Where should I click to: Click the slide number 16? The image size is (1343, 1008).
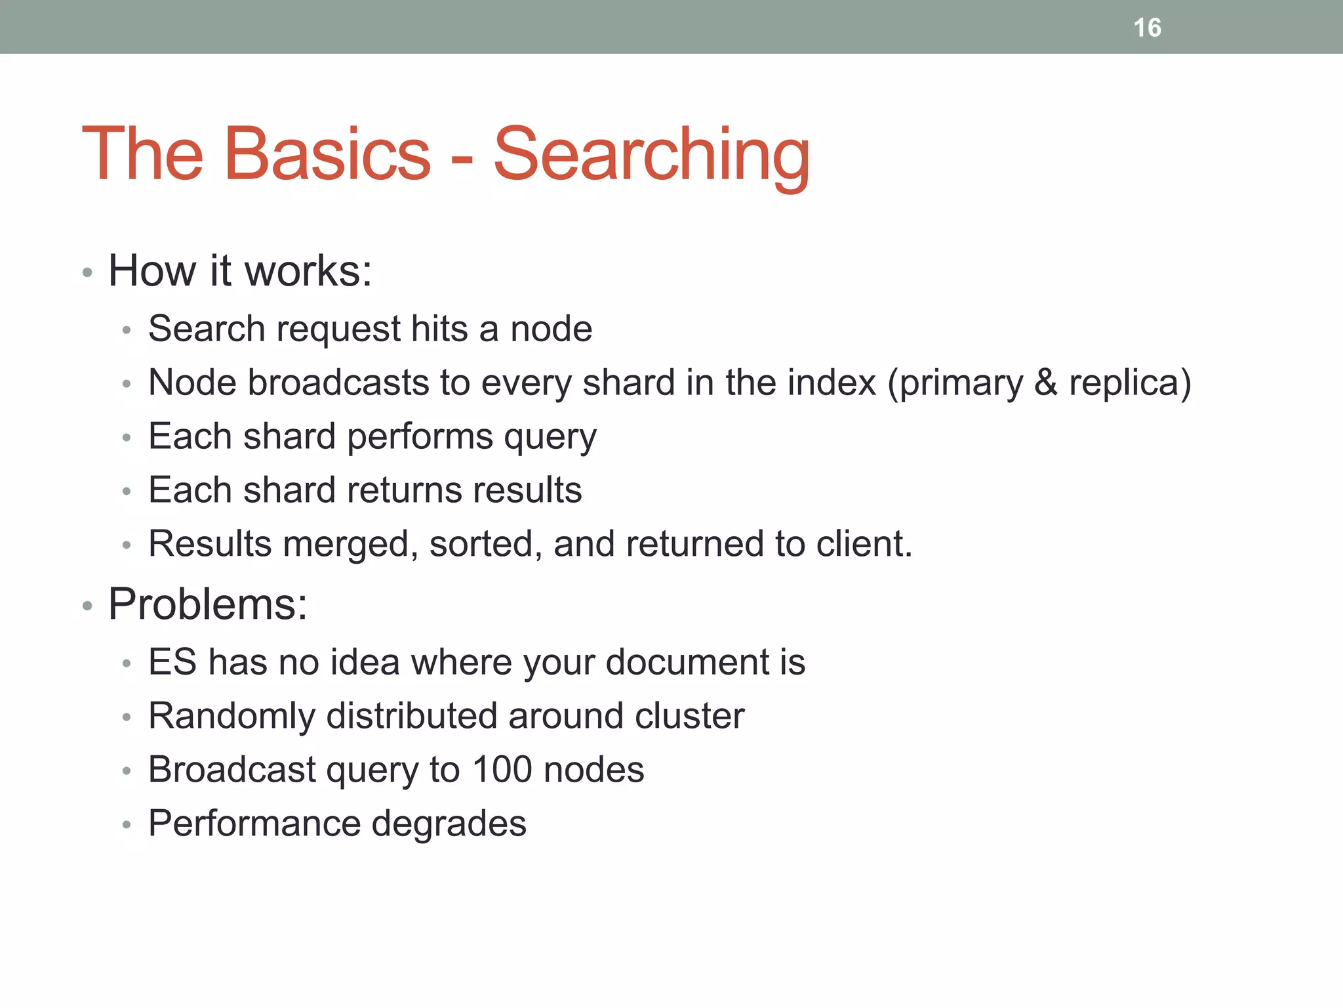[1147, 28]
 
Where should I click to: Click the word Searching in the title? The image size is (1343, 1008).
[651, 155]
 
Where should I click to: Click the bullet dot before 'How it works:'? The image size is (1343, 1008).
[87, 272]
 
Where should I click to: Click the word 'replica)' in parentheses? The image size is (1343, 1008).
[1130, 383]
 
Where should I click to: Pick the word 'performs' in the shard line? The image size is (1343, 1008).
[420, 436]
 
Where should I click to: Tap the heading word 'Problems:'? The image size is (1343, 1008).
[207, 604]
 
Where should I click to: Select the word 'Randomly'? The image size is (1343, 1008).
[231, 716]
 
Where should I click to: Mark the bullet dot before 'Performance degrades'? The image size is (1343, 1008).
[127, 824]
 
